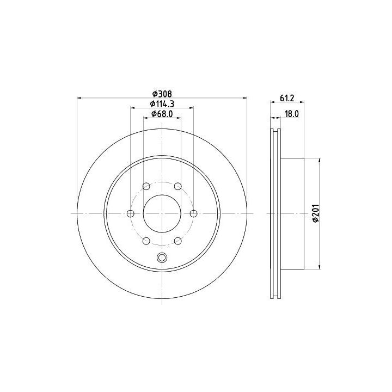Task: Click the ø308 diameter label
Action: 162,94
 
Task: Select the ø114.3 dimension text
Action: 162,103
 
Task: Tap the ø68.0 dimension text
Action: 162,114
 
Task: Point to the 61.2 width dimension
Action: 286,98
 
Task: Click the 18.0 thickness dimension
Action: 292,114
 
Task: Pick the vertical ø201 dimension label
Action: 316,213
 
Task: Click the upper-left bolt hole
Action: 146,186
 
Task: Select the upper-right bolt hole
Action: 177,186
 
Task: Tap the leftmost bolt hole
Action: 131,213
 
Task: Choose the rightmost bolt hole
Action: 193,213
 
